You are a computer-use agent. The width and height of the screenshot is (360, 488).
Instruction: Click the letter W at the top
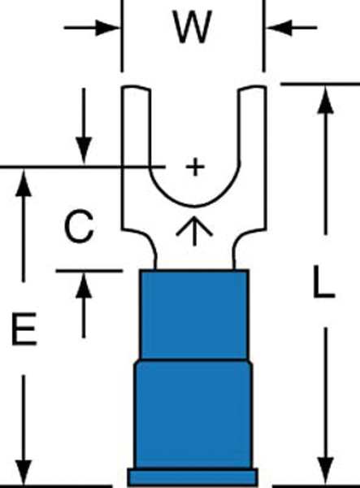click(193, 27)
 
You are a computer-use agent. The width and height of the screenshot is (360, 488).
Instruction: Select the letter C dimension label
click(79, 226)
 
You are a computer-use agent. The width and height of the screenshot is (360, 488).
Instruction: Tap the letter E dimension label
click(24, 329)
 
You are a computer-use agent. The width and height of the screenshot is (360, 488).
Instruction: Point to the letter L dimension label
click(323, 281)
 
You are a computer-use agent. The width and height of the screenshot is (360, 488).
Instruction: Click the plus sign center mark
click(195, 167)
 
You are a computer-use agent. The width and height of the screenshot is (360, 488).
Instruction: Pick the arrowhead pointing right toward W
click(107, 28)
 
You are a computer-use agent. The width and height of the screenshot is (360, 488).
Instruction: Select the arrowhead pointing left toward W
click(280, 28)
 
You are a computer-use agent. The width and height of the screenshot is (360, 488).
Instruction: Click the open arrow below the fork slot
click(194, 230)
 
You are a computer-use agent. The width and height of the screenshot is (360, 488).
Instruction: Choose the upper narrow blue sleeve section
click(194, 314)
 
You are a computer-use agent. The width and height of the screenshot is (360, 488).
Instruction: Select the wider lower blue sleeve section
click(193, 414)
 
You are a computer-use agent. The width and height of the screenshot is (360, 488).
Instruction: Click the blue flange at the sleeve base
click(193, 477)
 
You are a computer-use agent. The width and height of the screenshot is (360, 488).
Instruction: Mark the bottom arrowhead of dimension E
click(24, 472)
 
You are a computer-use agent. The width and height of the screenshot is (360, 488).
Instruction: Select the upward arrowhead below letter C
click(84, 285)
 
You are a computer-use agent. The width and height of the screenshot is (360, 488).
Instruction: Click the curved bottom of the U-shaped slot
click(194, 206)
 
